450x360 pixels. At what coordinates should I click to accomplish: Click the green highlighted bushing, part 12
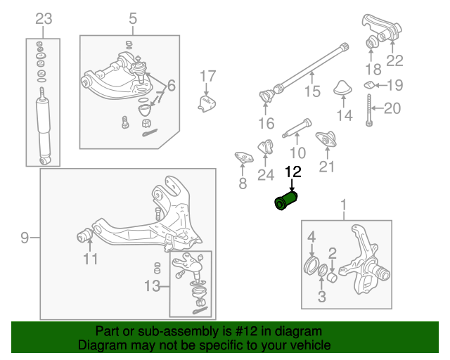coord(286,200)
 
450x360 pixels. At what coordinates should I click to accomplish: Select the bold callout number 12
coord(292,172)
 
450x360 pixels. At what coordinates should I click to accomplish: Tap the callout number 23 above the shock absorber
coord(44,19)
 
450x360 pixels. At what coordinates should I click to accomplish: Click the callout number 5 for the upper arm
coord(133,19)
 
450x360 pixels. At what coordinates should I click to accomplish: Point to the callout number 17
coord(206,76)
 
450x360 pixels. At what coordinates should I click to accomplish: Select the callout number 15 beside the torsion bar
coord(311,91)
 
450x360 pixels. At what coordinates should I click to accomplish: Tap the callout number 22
coord(394,61)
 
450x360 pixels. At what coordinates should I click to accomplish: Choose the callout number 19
coord(396,86)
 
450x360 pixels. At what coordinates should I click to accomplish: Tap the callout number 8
coord(243,184)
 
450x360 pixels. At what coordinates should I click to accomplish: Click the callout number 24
coord(266,175)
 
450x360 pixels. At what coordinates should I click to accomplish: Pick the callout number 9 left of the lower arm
coord(25,238)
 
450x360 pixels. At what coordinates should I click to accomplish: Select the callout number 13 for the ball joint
coord(152,286)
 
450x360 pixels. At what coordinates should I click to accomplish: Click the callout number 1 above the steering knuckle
coord(344,206)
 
